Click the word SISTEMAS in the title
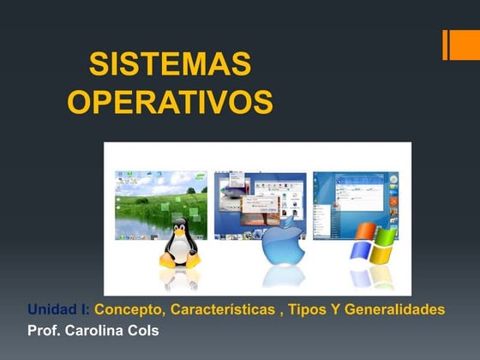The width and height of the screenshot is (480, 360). (x=171, y=65)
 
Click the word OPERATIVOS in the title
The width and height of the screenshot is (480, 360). (x=171, y=102)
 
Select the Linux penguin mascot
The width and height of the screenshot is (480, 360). (x=180, y=243)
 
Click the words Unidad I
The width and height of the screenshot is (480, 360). (x=58, y=309)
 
